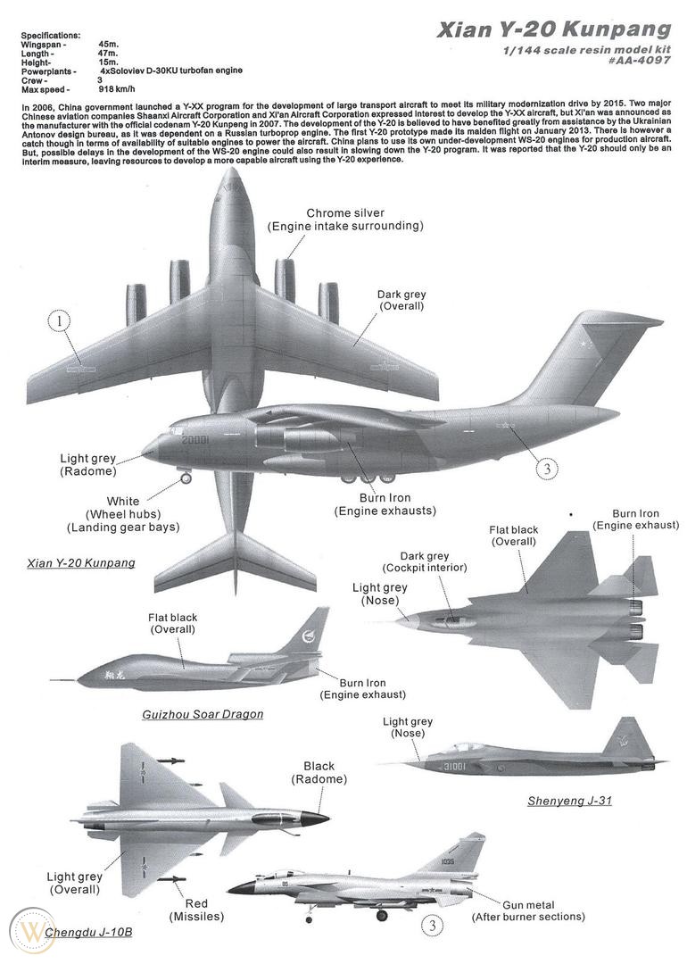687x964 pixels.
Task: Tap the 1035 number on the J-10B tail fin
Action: pos(447,860)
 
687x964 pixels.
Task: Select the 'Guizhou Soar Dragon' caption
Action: pos(203,714)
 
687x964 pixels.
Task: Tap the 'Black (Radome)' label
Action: pos(319,772)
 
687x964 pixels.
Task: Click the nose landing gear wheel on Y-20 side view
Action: pos(186,478)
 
